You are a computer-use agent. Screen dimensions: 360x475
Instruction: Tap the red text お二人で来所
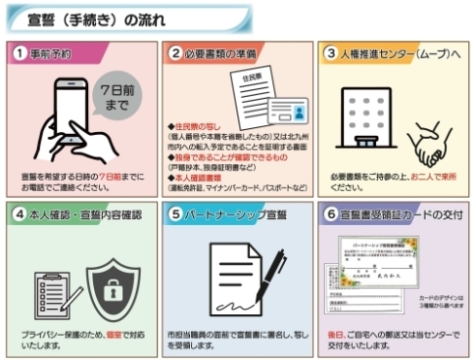point(435,178)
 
